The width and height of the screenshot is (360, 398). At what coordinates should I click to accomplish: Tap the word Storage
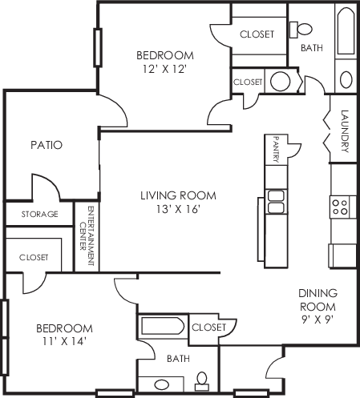[38, 215]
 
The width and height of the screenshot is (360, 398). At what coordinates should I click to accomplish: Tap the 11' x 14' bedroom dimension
[64, 341]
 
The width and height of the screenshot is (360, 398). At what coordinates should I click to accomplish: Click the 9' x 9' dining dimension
[318, 319]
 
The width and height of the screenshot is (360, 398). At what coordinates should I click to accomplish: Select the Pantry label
[275, 149]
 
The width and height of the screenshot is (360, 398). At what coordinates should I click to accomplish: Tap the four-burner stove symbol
[340, 207]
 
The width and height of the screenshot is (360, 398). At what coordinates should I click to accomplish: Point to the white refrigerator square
[342, 255]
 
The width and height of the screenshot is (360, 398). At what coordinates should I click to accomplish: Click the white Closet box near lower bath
[211, 327]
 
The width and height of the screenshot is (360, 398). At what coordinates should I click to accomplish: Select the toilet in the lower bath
[203, 379]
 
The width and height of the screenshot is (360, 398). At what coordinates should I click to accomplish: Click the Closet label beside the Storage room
[32, 258]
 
